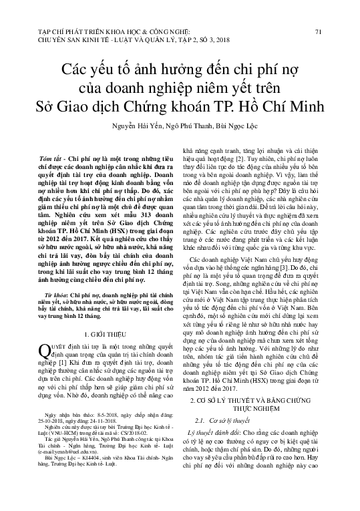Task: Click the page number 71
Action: click(318, 31)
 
